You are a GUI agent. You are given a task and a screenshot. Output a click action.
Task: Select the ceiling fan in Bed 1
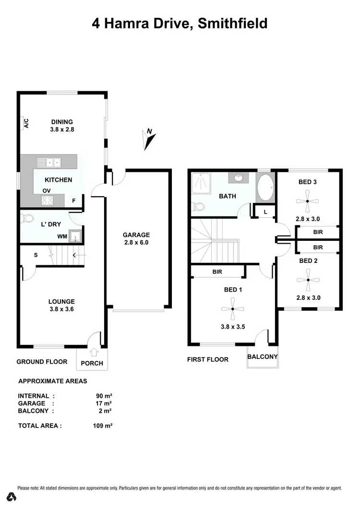tap(232, 309)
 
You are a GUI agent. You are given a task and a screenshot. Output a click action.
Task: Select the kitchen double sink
tap(49, 162)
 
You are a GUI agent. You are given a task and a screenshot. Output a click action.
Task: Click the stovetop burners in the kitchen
tap(47, 201)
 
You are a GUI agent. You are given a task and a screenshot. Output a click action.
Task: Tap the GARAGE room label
tap(136, 235)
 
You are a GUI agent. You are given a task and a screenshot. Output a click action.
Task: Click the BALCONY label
tap(263, 357)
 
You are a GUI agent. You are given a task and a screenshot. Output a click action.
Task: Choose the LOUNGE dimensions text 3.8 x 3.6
tap(61, 309)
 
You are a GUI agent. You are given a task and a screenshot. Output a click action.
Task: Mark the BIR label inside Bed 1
tap(217, 272)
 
